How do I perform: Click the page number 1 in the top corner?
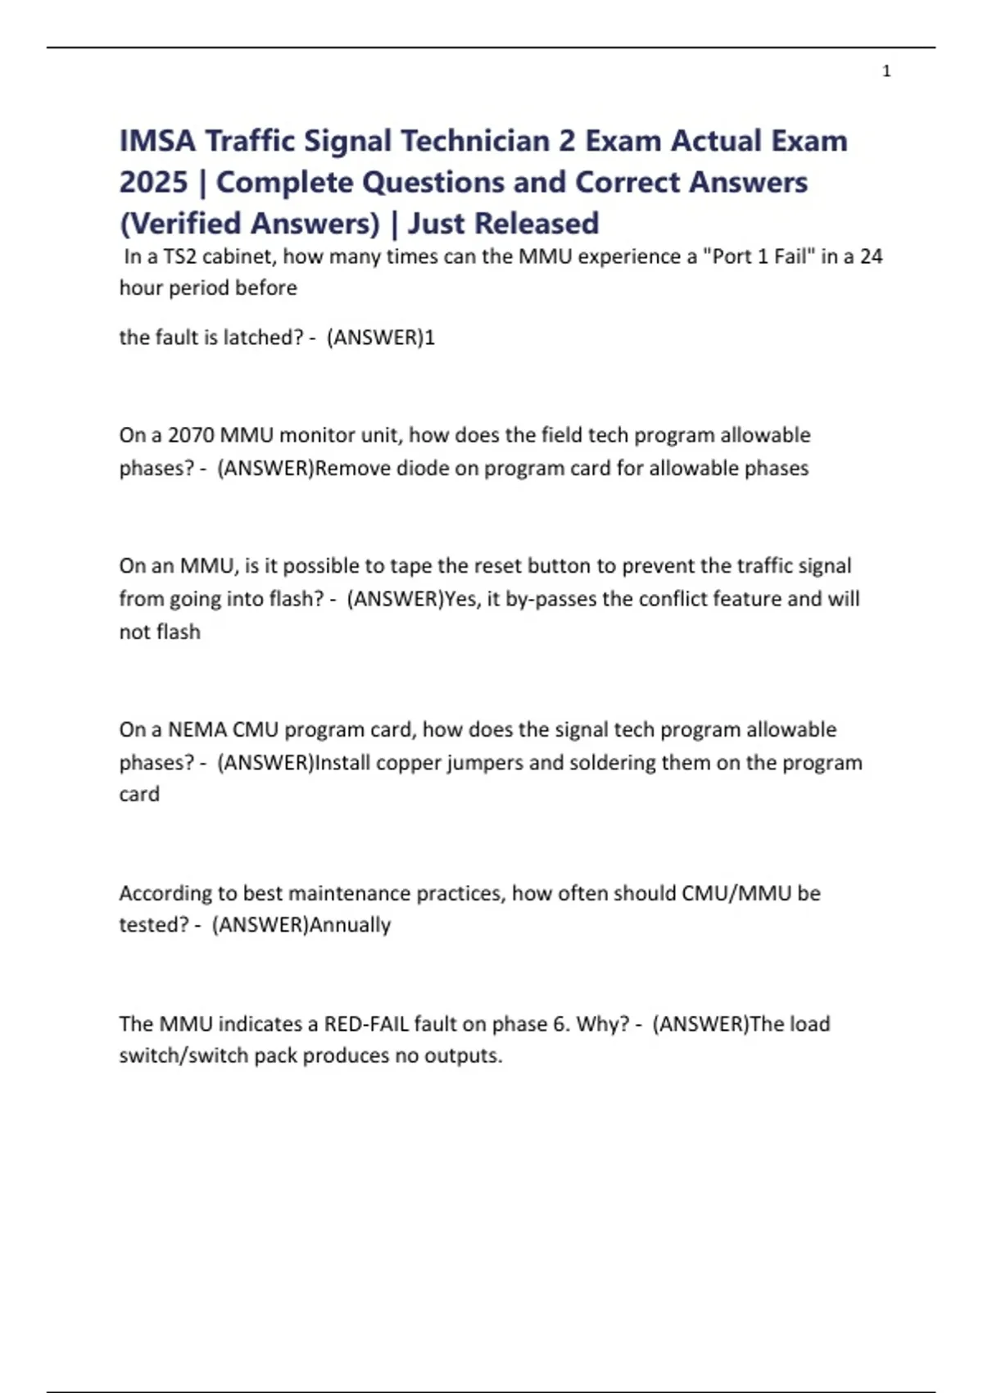click(886, 72)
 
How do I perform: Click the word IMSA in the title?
click(157, 141)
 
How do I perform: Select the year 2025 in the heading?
click(154, 182)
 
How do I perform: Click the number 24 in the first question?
click(871, 256)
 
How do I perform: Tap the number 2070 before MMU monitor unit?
click(191, 435)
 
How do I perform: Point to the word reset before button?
click(497, 566)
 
